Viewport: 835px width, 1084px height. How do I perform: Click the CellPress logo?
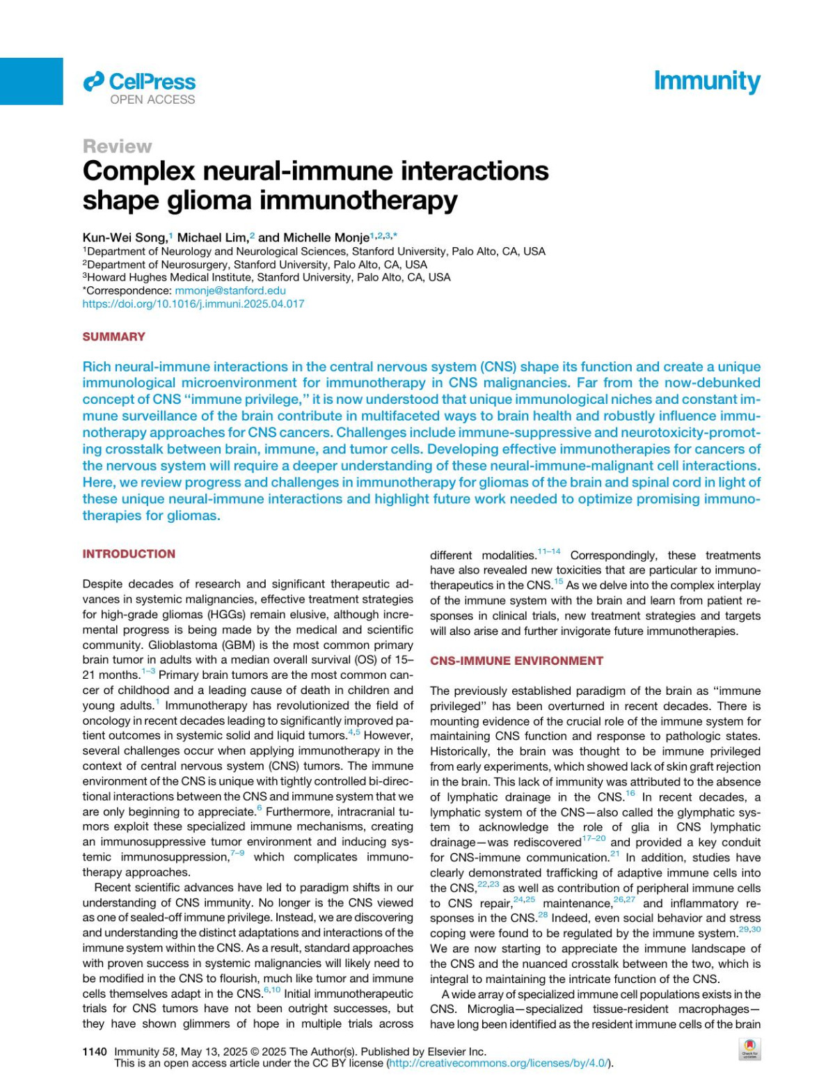pyautogui.click(x=139, y=82)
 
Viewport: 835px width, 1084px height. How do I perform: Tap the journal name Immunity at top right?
pyautogui.click(x=706, y=81)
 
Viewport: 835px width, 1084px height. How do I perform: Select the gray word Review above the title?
pyautogui.click(x=117, y=146)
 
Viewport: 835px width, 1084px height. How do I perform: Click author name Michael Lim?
pyautogui.click(x=212, y=237)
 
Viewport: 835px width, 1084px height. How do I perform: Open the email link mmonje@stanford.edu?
pyautogui.click(x=230, y=290)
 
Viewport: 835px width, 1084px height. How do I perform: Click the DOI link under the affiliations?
pyautogui.click(x=193, y=304)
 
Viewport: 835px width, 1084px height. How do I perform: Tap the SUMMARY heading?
pyautogui.click(x=113, y=337)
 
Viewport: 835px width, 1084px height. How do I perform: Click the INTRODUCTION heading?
pyautogui.click(x=129, y=554)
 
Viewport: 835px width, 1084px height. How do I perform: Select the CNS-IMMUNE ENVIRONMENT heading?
pyautogui.click(x=516, y=661)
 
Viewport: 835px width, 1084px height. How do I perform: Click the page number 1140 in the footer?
pyautogui.click(x=95, y=1051)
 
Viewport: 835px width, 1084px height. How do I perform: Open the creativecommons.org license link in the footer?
pyautogui.click(x=499, y=1063)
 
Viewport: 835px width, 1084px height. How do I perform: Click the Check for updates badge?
pyautogui.click(x=749, y=1048)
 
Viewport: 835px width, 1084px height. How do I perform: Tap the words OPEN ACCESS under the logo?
pyautogui.click(x=152, y=100)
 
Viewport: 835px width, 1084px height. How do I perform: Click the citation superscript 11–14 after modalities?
pyautogui.click(x=549, y=552)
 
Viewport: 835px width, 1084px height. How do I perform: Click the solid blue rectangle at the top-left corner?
pyautogui.click(x=31, y=81)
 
